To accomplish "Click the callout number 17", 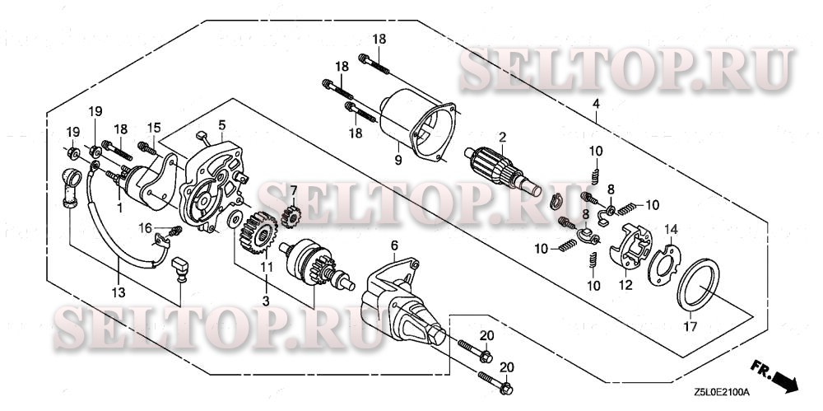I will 690,326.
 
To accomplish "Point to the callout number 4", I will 595,105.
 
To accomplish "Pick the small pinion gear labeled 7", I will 290,217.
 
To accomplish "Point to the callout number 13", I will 119,292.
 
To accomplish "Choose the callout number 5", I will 221,124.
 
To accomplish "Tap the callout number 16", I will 145,227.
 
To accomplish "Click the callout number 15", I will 152,127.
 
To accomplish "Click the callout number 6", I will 393,245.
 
